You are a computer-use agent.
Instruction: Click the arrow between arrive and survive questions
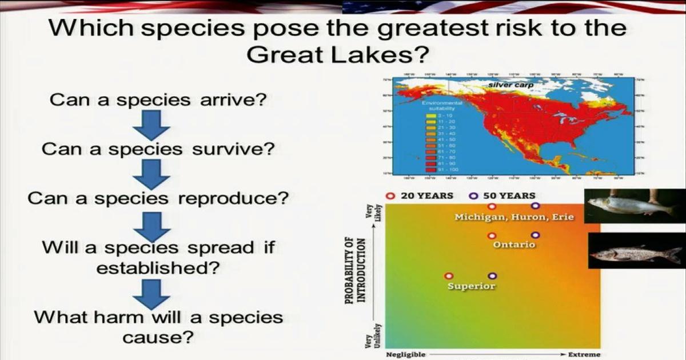154,125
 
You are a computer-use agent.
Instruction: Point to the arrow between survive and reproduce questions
154,174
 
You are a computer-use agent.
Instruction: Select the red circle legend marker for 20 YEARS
391,195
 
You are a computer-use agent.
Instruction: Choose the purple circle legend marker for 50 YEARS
473,195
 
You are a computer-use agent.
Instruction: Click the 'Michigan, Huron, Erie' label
514,217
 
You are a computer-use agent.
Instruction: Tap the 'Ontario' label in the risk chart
514,245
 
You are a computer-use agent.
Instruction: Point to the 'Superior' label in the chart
471,286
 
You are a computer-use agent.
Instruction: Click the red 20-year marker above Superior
449,276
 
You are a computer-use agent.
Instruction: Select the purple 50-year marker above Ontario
535,235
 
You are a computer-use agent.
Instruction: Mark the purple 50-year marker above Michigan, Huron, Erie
535,206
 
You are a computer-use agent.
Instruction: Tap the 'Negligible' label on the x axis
405,354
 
